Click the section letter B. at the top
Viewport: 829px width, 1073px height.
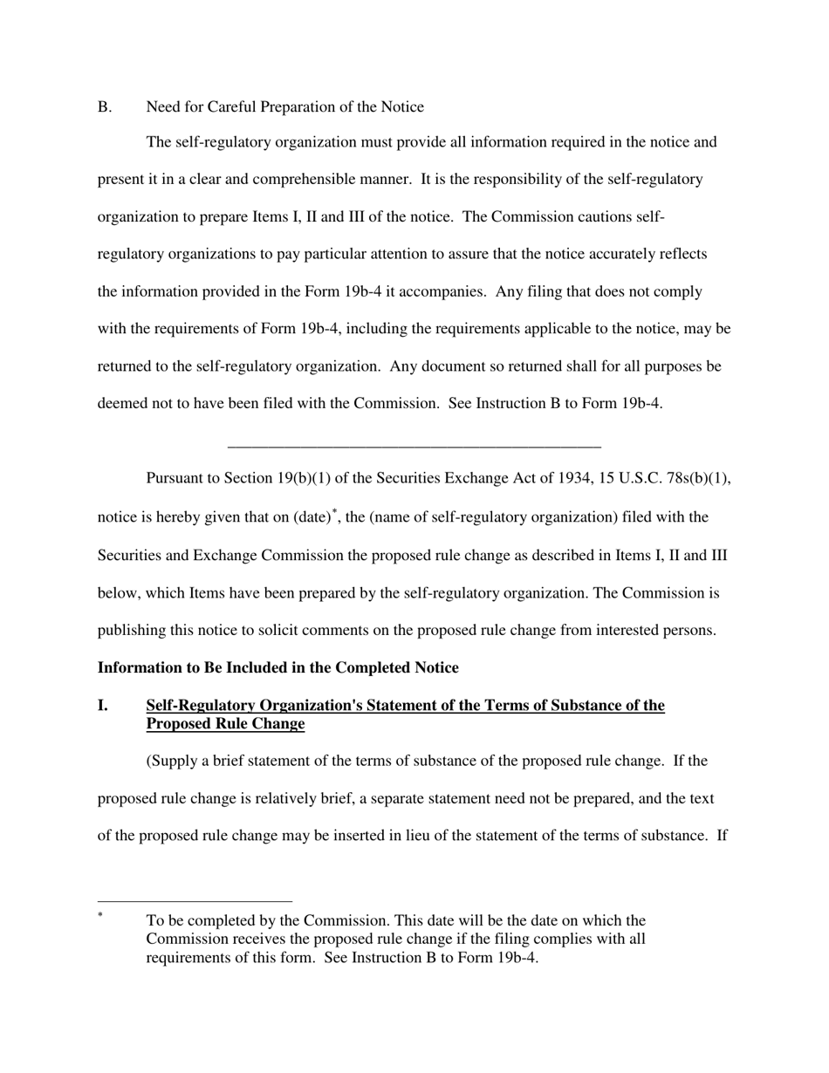(x=105, y=107)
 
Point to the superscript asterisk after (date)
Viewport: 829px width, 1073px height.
(x=334, y=512)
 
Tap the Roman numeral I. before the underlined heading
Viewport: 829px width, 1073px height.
(x=103, y=706)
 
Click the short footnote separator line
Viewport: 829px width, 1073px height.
(x=195, y=902)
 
